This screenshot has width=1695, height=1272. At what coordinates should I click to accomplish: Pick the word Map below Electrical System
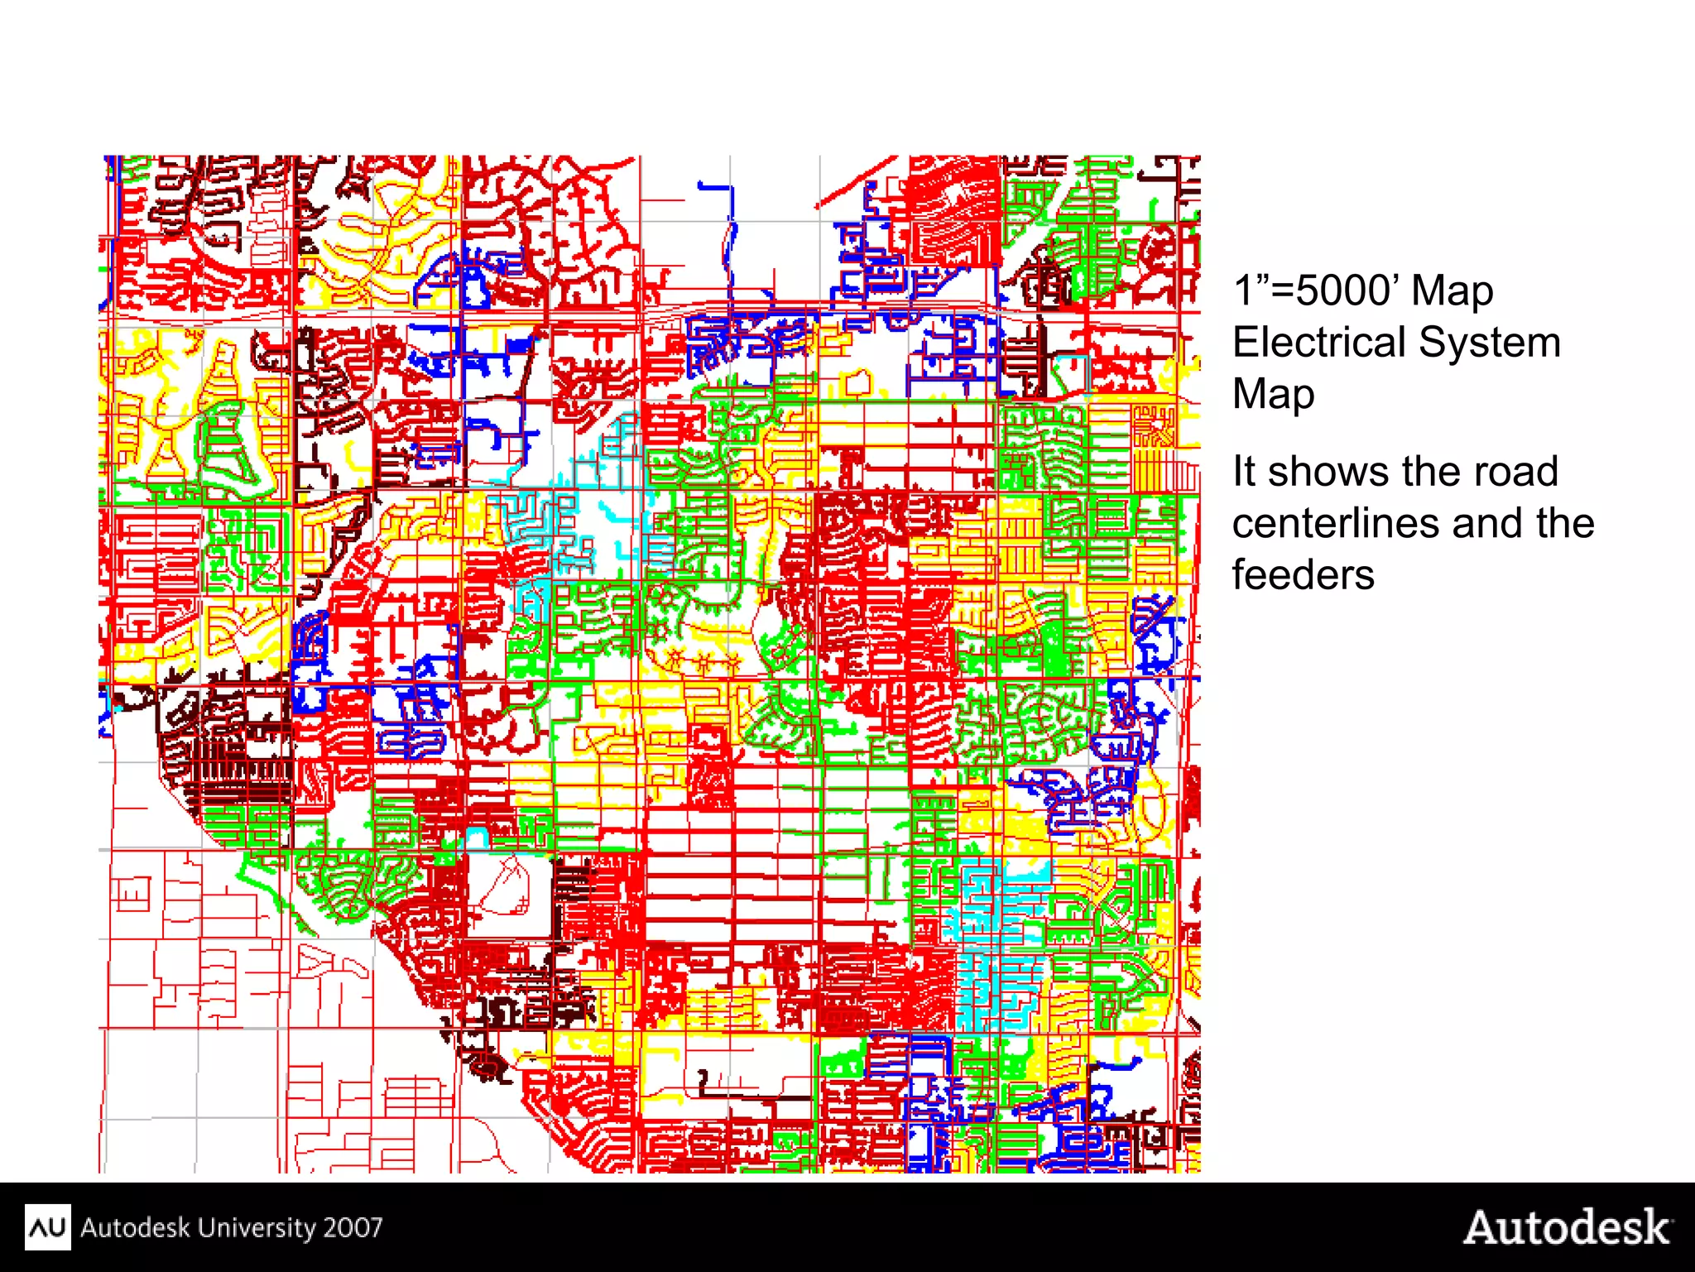click(1273, 394)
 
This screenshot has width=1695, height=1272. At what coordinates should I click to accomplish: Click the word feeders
click(1303, 575)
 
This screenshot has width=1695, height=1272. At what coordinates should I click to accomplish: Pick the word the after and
click(1566, 524)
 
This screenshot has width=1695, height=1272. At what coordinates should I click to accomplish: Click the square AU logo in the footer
click(47, 1226)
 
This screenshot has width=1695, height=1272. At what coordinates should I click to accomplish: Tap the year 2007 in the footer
click(353, 1226)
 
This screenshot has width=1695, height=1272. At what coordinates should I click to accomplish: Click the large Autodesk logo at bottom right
click(1567, 1226)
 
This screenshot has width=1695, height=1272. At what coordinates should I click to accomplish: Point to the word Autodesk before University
click(135, 1226)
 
